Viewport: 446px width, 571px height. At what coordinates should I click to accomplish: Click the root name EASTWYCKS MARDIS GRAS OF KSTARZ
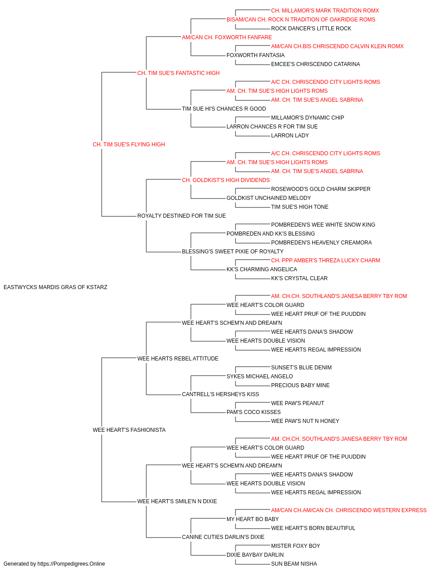[55, 287]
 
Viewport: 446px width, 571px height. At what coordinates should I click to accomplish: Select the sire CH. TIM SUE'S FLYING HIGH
[129, 145]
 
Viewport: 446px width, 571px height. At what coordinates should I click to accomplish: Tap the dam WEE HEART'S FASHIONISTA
[129, 430]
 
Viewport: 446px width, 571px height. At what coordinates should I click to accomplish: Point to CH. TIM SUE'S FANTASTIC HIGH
[178, 73]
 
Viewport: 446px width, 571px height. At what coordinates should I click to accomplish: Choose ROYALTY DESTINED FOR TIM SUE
[182, 216]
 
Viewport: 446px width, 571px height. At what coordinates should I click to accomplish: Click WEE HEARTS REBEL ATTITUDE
[178, 359]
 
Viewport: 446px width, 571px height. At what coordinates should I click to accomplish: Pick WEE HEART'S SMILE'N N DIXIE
[177, 501]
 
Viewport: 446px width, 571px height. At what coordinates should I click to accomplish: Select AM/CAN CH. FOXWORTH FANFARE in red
[227, 37]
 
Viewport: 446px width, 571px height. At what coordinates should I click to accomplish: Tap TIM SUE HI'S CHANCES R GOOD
[224, 109]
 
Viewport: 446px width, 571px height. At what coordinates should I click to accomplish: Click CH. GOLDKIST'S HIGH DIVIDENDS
[226, 180]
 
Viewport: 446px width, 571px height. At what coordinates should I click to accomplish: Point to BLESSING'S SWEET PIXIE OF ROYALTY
[233, 252]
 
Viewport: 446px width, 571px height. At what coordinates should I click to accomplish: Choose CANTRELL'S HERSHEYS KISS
[220, 394]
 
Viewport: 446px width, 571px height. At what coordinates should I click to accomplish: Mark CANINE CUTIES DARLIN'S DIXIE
[223, 537]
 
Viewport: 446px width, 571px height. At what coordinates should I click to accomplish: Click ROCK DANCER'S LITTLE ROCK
[311, 29]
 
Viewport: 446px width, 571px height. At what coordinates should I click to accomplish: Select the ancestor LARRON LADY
[290, 136]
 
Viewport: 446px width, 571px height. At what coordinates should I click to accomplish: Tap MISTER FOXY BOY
[296, 546]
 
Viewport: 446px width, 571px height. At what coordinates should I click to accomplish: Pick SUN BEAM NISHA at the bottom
[294, 564]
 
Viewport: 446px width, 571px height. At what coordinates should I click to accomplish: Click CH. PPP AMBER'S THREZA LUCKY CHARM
[326, 261]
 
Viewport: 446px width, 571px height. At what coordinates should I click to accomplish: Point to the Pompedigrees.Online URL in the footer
[71, 564]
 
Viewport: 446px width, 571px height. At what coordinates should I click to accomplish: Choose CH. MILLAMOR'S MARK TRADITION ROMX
[325, 11]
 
